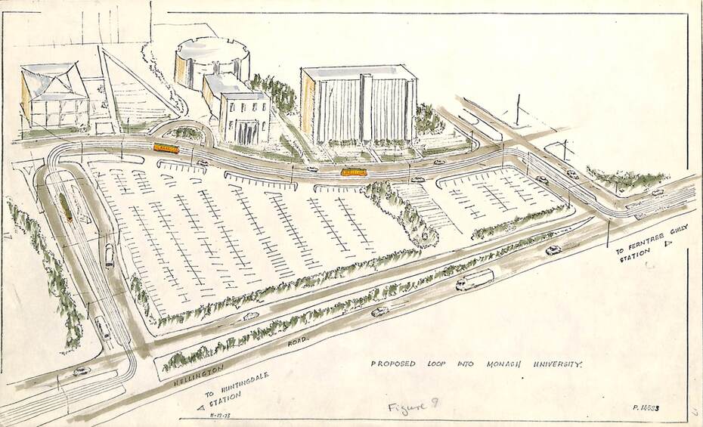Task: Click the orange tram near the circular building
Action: [x=166, y=148]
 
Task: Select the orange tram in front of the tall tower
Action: [x=354, y=172]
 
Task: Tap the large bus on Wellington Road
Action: [x=475, y=280]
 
